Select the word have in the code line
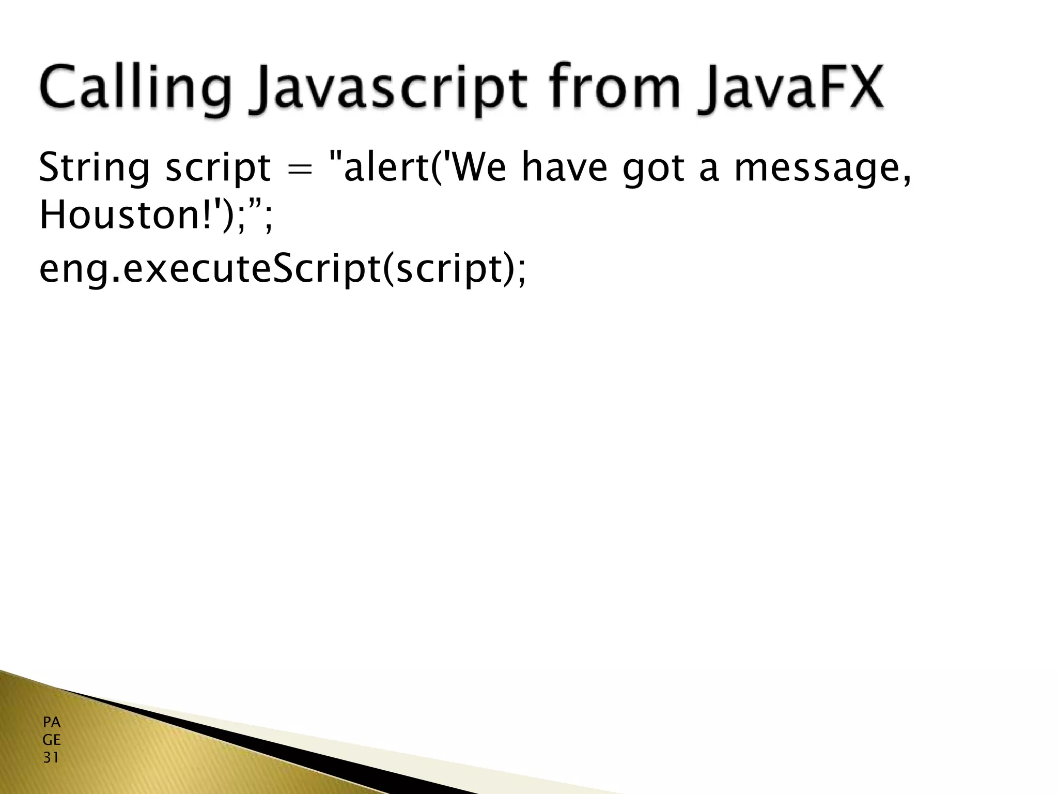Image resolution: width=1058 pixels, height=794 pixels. pos(564,168)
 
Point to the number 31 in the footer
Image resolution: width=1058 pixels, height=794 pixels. pos(51,758)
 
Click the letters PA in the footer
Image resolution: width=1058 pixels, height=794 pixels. pos(52,722)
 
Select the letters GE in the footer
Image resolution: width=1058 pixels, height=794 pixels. pos(52,740)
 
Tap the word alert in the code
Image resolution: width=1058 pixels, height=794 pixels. pos(384,168)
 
